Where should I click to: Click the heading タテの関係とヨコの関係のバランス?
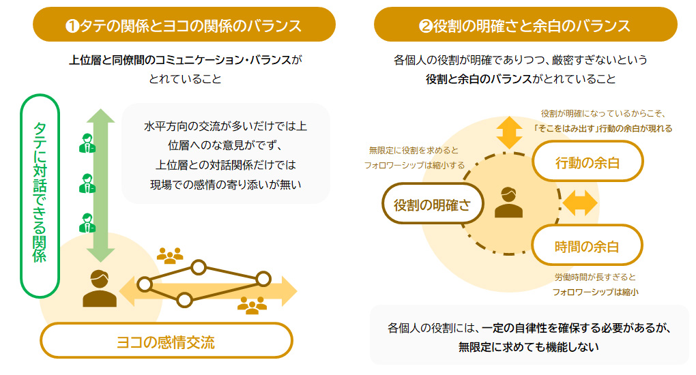pos(184,26)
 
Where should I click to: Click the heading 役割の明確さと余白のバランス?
pos(525,26)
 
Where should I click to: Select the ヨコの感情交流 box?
pos(166,341)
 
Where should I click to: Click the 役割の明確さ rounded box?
pos(432,204)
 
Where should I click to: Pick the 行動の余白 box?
pos(588,162)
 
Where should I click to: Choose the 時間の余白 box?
pos(588,245)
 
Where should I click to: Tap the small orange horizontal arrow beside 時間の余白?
pos(580,202)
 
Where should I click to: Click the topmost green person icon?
pos(87,142)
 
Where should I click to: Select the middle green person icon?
pos(87,182)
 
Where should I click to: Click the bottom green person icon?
pos(87,222)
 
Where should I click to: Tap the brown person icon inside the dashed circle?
pos(508,202)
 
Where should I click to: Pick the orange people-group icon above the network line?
pos(170,255)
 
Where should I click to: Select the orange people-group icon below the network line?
pos(252,305)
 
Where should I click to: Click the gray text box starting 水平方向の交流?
pos(226,153)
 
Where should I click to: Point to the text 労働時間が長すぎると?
pos(595,277)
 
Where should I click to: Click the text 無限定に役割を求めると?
pos(414,150)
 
